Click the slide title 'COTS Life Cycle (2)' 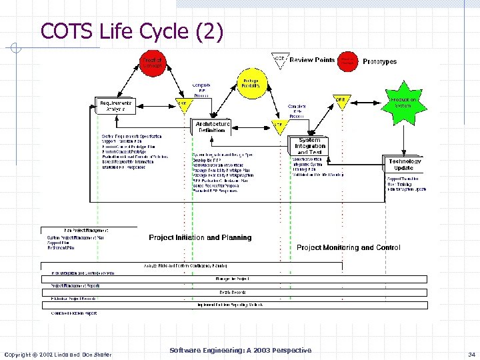[132, 31]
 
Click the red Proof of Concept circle [151, 63]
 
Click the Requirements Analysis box [116, 105]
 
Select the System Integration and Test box [311, 146]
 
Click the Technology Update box [405, 164]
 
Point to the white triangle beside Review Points [280, 61]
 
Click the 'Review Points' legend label [313, 60]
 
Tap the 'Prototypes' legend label [379, 61]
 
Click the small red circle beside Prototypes [347, 61]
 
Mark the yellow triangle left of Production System [341, 101]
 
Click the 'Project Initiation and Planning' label [200, 237]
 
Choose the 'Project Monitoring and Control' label [348, 247]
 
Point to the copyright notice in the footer [58, 353]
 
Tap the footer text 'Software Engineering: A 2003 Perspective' [240, 350]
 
